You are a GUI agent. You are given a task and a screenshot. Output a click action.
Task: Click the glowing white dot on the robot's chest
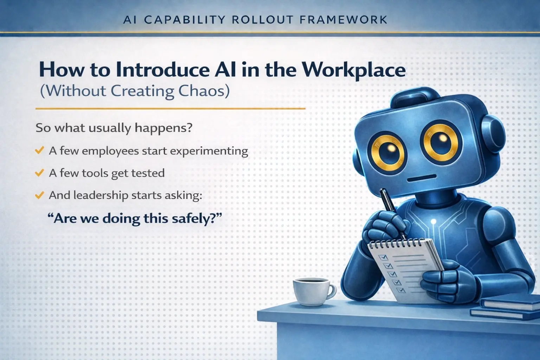[433, 221]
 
